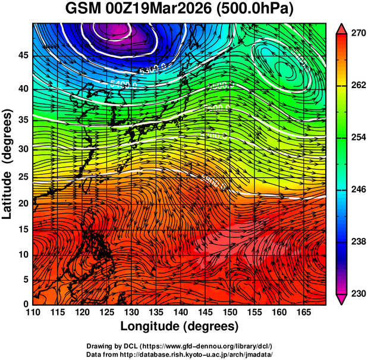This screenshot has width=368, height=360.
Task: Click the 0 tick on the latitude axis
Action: tap(26, 304)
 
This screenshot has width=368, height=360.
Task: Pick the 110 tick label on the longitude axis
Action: tap(33, 313)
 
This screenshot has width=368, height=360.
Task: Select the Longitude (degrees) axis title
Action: tap(180, 326)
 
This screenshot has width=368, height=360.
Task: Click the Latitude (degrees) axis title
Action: tap(8, 164)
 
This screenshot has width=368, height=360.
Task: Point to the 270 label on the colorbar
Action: tap(354, 33)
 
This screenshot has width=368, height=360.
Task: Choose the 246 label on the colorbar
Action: tap(354, 189)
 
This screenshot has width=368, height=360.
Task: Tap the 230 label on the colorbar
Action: tap(354, 293)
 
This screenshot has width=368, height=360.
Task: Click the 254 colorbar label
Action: tap(354, 137)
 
